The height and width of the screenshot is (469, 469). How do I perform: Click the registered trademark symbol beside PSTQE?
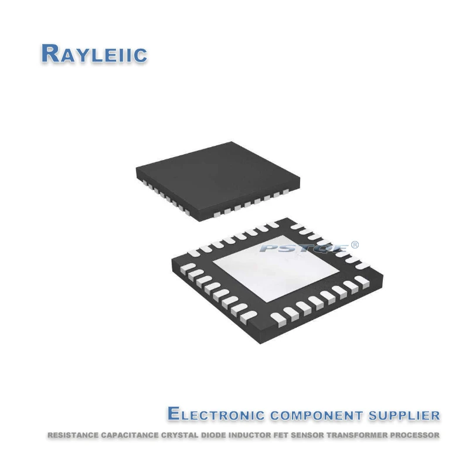click(x=354, y=244)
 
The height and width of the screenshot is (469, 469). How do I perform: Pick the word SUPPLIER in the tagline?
click(x=405, y=415)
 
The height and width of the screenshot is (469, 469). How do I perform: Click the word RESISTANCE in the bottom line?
click(x=70, y=436)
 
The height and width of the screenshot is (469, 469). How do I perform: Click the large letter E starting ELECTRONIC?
click(x=175, y=414)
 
